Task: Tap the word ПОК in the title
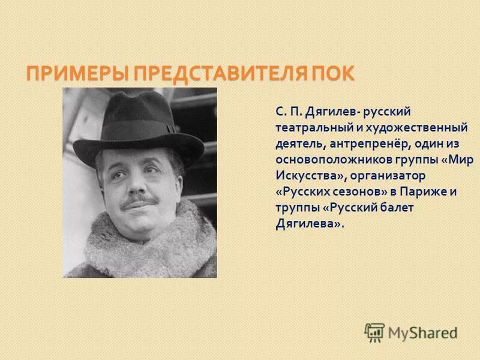click(x=333, y=74)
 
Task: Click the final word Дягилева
click(x=309, y=224)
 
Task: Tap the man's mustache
click(x=137, y=202)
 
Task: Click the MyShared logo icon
click(x=375, y=331)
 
